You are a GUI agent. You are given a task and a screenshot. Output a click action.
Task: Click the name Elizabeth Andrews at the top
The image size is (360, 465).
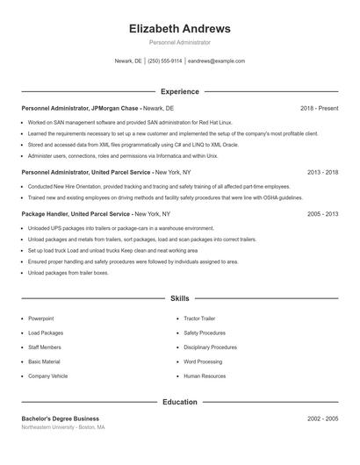click(x=179, y=29)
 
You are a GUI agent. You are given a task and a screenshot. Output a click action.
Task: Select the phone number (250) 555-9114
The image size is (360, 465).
click(x=165, y=61)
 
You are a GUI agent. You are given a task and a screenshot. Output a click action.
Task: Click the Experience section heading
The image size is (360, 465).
click(x=179, y=91)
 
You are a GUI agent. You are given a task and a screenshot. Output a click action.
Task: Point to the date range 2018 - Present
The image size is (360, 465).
click(x=319, y=108)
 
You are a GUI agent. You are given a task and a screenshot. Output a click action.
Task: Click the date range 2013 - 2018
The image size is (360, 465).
click(x=322, y=173)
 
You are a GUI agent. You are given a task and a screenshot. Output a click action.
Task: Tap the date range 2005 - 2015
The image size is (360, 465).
click(x=322, y=214)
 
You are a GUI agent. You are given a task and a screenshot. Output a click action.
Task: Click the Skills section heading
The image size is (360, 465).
click(x=179, y=299)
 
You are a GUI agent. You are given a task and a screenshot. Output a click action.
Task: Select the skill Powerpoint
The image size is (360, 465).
click(x=42, y=318)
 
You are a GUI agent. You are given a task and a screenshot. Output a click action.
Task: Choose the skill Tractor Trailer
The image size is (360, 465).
click(x=200, y=318)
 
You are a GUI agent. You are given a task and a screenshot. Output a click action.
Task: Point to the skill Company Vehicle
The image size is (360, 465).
click(x=47, y=376)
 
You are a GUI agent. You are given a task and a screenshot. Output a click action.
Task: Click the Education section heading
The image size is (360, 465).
click(x=179, y=402)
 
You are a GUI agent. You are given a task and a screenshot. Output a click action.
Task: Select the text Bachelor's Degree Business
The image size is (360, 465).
click(x=61, y=418)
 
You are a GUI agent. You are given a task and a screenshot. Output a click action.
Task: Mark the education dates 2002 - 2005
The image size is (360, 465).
click(x=322, y=418)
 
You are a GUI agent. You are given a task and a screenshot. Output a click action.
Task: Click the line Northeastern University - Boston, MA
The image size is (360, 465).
click(x=63, y=427)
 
